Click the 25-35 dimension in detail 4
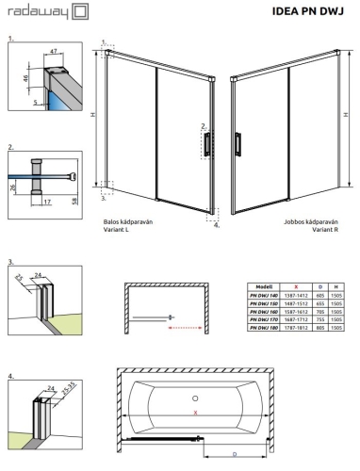67,385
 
